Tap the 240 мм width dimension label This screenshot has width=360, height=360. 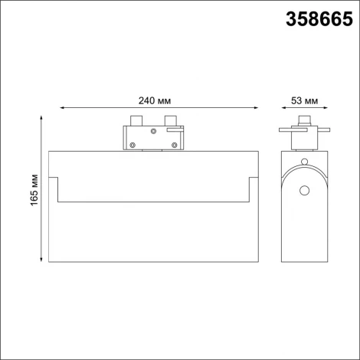tap(154, 100)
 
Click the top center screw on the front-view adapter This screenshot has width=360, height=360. tap(153, 131)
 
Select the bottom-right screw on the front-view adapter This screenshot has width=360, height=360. tap(175, 144)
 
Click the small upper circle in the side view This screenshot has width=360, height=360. tap(306, 162)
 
